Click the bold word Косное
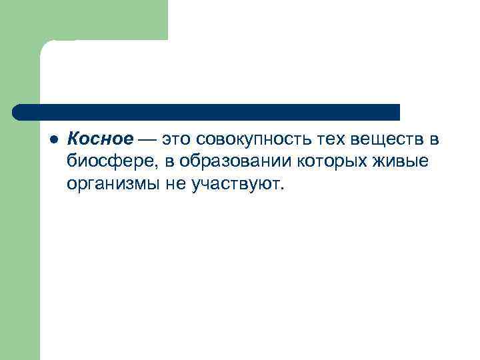[x=101, y=139]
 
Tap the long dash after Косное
[x=147, y=139]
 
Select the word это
[x=177, y=139]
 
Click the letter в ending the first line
[x=434, y=139]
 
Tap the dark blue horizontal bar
[x=207, y=112]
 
